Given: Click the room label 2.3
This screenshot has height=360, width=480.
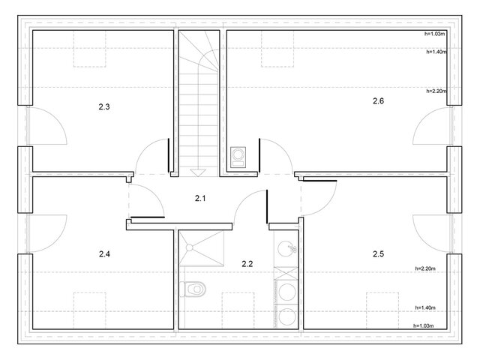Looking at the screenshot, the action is [x=104, y=106].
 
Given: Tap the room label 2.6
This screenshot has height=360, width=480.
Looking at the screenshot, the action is [x=378, y=100].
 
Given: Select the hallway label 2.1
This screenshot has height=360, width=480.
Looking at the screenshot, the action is [x=200, y=198].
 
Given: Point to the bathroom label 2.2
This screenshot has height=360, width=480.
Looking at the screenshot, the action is [x=247, y=263].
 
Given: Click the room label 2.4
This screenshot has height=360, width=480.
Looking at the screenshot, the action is [x=104, y=253].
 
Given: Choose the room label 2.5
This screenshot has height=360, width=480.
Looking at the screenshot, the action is [x=378, y=253].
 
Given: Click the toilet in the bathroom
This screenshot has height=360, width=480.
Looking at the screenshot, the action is [x=193, y=289].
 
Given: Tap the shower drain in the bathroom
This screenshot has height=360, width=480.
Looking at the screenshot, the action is [x=190, y=247].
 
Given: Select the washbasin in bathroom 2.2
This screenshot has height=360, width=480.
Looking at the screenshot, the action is [x=286, y=248].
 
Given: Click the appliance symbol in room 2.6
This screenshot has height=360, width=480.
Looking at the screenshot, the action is [x=238, y=157].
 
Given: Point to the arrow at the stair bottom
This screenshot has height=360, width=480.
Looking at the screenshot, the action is [x=198, y=173].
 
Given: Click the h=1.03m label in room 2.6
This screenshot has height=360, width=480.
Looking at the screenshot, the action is [x=435, y=34].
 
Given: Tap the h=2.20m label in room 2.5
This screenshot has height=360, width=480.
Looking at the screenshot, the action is [x=425, y=268].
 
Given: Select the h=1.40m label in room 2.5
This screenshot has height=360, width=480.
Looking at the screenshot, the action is [x=425, y=307].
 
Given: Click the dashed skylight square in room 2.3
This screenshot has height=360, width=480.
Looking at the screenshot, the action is [x=90, y=49].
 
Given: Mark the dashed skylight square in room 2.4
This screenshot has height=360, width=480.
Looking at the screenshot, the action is [x=90, y=310].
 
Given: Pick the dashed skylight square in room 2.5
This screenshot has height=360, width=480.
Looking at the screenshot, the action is [x=382, y=310].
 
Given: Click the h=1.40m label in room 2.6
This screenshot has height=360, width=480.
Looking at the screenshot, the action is [x=436, y=52].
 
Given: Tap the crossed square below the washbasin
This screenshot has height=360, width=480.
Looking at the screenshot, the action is [x=286, y=273].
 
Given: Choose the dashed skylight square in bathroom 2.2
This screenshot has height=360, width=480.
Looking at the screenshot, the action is [x=238, y=310].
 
